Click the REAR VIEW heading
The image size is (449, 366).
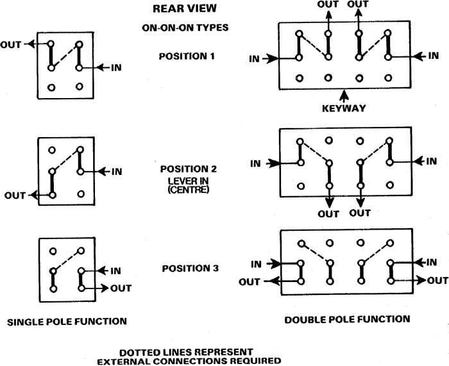click(185, 8)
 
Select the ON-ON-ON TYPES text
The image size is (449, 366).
click(185, 28)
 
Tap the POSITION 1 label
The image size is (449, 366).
click(187, 56)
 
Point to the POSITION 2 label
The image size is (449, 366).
click(189, 169)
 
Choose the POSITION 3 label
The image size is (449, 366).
click(190, 269)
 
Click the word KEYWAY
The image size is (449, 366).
click(344, 108)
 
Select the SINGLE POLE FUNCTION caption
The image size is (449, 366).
click(67, 322)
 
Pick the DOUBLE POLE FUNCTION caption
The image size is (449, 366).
click(348, 319)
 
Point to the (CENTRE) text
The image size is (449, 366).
click(189, 190)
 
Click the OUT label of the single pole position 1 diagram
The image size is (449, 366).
click(11, 45)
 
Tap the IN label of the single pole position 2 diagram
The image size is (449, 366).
click(117, 172)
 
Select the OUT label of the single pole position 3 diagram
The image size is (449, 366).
click(121, 288)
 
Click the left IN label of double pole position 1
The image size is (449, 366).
click(254, 59)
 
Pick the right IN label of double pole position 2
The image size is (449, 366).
click(432, 162)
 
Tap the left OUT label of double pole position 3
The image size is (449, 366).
click(250, 282)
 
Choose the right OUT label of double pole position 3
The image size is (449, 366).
click(438, 281)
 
